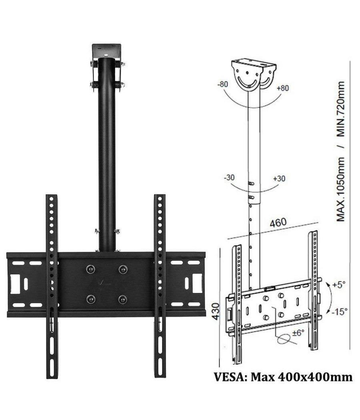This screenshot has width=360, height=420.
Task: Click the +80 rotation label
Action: coord(282,88)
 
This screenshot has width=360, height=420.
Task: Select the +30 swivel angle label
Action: coord(279,178)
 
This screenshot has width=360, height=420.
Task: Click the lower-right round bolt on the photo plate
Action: coord(122,299)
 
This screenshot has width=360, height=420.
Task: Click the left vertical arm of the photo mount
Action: coord(52,280)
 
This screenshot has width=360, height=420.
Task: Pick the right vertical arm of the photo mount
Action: coord(160,280)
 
